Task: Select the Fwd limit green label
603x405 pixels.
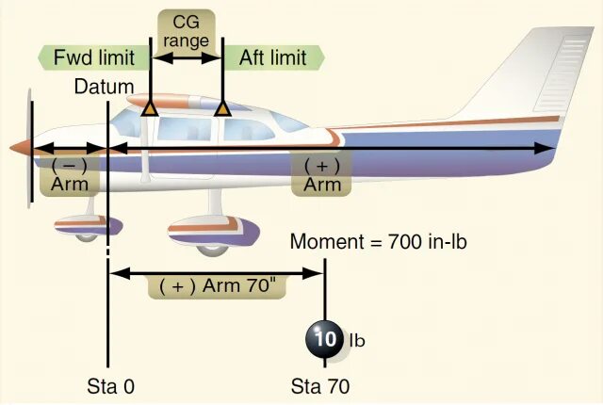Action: (x=93, y=57)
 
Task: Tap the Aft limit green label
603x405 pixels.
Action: (x=271, y=57)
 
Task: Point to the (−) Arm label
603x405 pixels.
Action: (x=69, y=174)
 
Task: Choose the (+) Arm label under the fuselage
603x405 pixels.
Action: (x=322, y=174)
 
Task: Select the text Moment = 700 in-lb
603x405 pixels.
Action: (x=378, y=242)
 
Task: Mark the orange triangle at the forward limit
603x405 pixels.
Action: (x=149, y=109)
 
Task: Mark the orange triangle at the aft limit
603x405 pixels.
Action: (x=222, y=109)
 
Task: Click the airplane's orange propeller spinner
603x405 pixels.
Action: (x=21, y=148)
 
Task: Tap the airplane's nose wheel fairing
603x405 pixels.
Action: (x=88, y=226)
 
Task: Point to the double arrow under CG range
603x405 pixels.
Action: (x=186, y=57)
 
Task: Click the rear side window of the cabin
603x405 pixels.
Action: (x=283, y=122)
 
